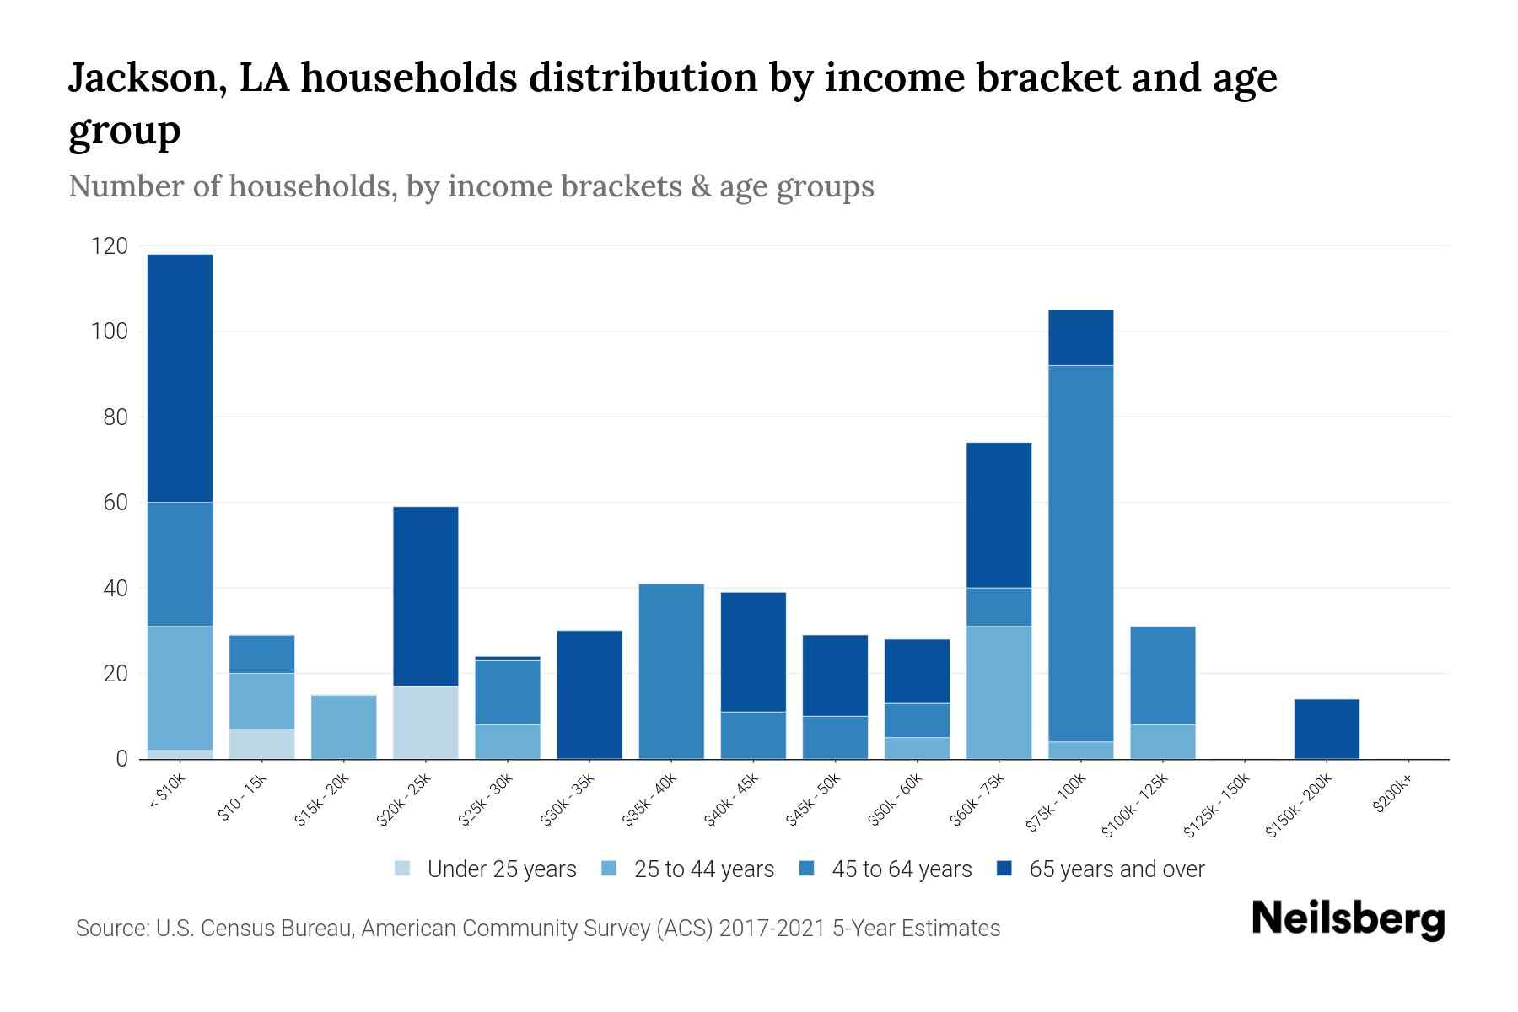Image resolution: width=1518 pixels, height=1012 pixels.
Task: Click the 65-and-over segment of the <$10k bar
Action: [x=180, y=378]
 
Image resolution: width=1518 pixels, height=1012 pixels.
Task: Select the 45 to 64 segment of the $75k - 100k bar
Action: [x=1080, y=553]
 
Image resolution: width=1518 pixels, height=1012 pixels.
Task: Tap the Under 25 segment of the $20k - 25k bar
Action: [x=426, y=722]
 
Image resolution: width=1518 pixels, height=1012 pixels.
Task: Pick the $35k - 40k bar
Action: [x=671, y=671]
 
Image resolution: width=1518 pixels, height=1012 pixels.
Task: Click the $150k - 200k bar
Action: [x=1326, y=729]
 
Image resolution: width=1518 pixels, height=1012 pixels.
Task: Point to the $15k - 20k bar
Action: [x=344, y=727]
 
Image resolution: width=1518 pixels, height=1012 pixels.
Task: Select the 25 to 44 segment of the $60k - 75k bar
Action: [x=999, y=692]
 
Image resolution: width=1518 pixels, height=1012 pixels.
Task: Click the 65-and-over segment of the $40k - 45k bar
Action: [x=753, y=652]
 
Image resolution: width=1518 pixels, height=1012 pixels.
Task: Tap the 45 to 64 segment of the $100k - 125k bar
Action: [x=1162, y=675]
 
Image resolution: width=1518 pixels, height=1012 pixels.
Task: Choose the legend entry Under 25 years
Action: [x=501, y=869]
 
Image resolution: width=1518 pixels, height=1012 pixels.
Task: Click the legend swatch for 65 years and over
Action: [x=1004, y=869]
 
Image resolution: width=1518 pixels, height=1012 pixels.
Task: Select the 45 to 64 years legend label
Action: [x=902, y=869]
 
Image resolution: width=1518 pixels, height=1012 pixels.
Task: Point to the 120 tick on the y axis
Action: [x=110, y=246]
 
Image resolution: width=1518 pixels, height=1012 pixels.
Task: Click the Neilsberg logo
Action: [x=1348, y=919]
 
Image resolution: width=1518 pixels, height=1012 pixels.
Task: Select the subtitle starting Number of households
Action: [x=471, y=186]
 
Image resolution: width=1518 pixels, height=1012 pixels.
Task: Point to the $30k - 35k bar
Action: [x=589, y=694]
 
